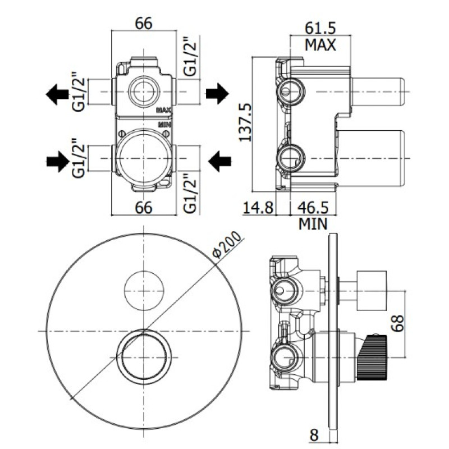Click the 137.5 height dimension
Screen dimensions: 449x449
(x=245, y=123)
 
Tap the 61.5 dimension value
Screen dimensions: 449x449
(x=320, y=28)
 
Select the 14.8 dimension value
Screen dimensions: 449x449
(x=258, y=207)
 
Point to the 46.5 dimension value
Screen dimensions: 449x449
(x=313, y=207)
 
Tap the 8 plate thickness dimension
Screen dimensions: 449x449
(x=314, y=436)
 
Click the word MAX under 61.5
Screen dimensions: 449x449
(x=320, y=45)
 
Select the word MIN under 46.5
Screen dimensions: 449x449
(x=313, y=224)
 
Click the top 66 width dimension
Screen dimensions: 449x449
(x=144, y=23)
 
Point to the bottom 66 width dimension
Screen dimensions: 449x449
(x=144, y=207)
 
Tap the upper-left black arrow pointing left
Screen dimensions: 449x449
(x=57, y=94)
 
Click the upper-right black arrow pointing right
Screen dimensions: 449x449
(x=217, y=93)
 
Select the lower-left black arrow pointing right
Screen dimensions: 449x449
(x=58, y=162)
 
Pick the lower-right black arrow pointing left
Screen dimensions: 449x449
(x=219, y=161)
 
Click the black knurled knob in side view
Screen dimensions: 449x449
(x=372, y=358)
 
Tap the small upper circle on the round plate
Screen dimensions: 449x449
(x=144, y=291)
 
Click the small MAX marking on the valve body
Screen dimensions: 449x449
(x=164, y=110)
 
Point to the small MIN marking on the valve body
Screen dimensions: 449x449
(x=164, y=125)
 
